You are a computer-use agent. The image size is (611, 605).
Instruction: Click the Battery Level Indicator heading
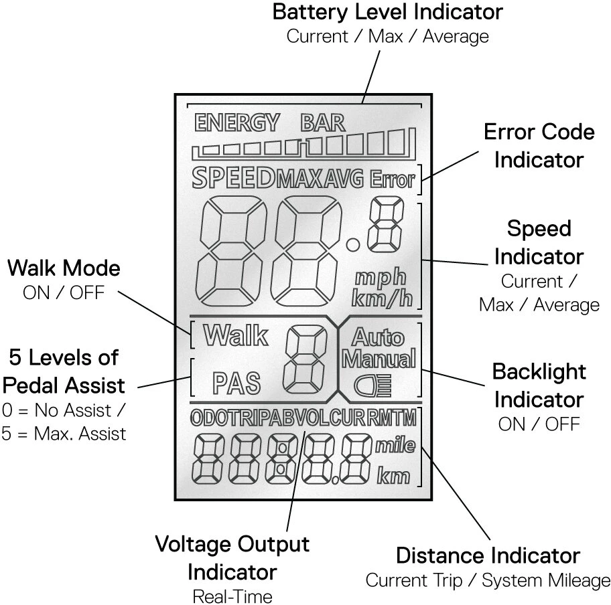click(388, 12)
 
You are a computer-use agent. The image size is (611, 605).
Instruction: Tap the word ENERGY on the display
click(236, 123)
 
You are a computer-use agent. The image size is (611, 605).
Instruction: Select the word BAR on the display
click(323, 123)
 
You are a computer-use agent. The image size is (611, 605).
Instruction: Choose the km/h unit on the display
click(382, 298)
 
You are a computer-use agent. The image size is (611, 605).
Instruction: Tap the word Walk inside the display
click(235, 335)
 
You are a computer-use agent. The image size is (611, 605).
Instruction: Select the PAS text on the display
click(236, 383)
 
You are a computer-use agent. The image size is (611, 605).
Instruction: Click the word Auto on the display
click(379, 336)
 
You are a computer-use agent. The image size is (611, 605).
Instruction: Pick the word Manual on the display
click(379, 359)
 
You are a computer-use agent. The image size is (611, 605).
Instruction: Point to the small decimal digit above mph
click(386, 226)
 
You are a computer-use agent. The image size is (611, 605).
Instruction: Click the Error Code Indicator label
click(539, 145)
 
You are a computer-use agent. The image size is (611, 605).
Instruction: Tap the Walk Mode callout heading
click(64, 268)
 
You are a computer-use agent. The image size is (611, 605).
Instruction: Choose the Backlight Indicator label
click(539, 385)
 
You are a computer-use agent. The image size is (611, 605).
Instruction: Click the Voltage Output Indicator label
click(232, 557)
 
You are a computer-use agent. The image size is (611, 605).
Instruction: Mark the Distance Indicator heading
click(488, 555)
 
